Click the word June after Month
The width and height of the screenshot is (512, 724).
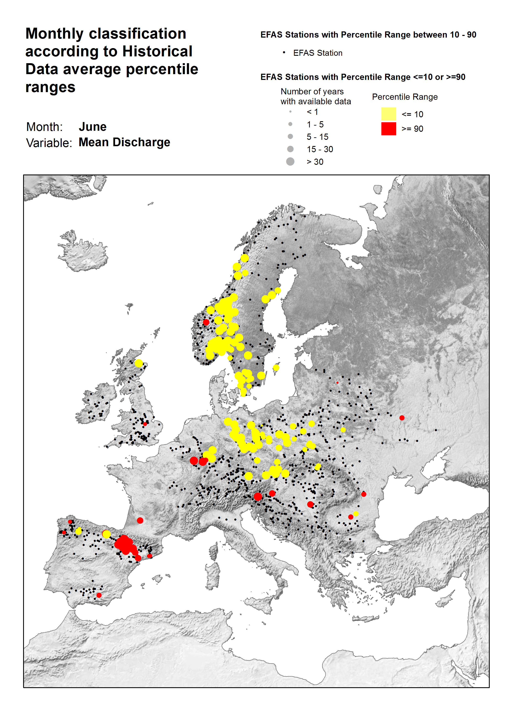[92, 127]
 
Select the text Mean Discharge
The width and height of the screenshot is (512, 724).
[124, 142]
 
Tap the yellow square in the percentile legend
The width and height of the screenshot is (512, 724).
[388, 114]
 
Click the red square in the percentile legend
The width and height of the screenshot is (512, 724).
[388, 129]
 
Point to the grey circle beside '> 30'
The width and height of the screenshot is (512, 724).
[290, 161]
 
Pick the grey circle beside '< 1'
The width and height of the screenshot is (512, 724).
[290, 112]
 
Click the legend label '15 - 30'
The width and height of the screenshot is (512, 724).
[320, 149]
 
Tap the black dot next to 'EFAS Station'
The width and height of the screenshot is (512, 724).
[284, 52]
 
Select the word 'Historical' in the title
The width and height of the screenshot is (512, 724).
[157, 51]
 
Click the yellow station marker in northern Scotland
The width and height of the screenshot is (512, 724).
[139, 363]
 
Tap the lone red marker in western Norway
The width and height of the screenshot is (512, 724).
[206, 322]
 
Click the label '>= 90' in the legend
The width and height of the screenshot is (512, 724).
[412, 129]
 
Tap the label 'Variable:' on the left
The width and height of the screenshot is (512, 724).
[49, 143]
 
